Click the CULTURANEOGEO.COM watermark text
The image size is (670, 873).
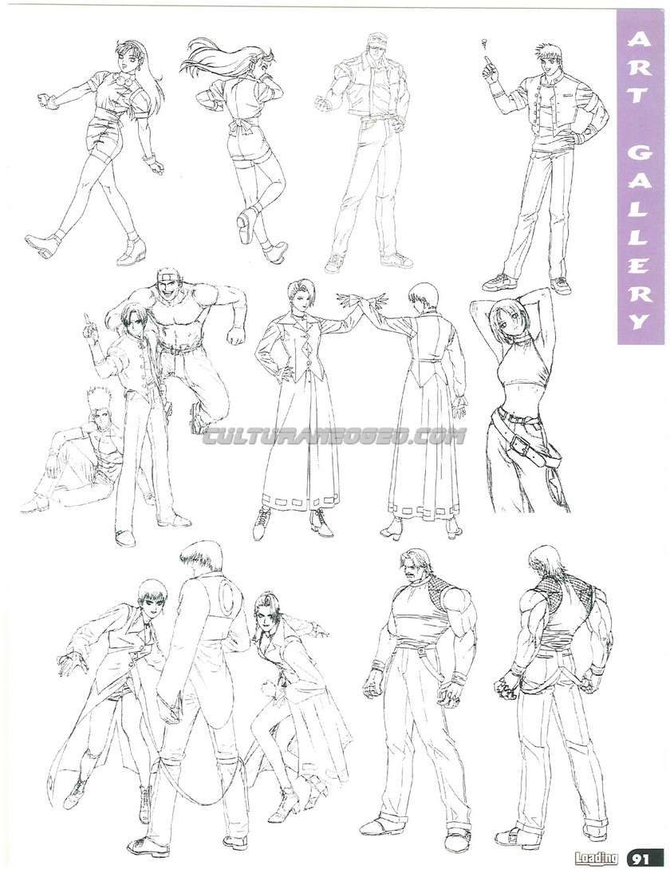coord(334,436)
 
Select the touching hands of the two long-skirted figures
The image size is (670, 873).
coord(360,300)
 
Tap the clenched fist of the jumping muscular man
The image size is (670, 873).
coord(237,335)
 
